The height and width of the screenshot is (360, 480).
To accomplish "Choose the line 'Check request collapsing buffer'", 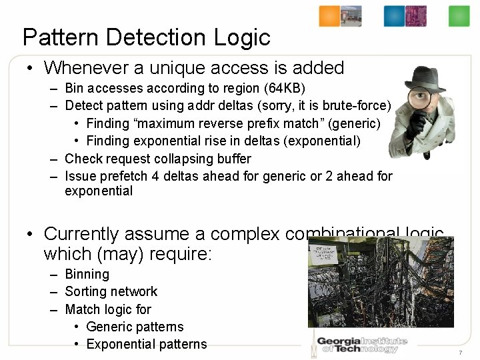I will click(158, 159).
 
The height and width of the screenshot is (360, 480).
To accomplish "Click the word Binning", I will click(87, 274).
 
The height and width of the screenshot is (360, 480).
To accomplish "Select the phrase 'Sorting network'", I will click(111, 291).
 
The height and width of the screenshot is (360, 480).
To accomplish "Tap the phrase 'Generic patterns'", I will click(135, 327).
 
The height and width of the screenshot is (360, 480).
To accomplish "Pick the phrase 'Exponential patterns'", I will click(147, 344).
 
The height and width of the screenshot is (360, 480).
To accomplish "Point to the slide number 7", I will click(461, 352).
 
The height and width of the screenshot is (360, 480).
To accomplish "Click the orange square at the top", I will click(329, 16).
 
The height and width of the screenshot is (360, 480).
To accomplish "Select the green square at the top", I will click(459, 16).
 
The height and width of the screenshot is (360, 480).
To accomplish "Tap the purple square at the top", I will click(416, 16).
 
